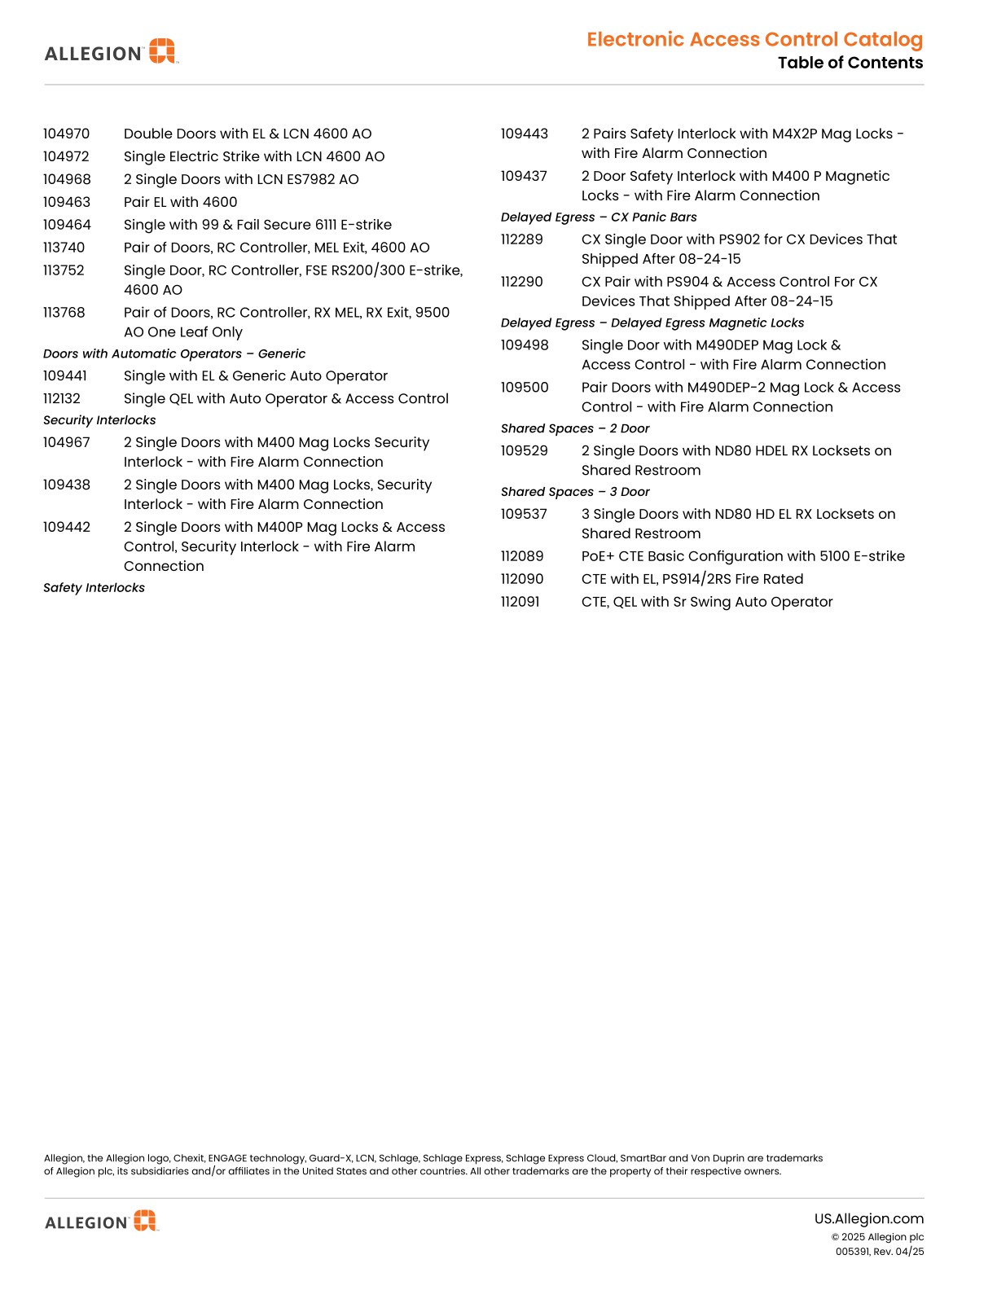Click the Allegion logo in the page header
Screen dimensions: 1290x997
tap(111, 52)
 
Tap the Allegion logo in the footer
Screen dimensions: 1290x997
tap(102, 1221)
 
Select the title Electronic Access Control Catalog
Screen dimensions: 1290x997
tap(754, 39)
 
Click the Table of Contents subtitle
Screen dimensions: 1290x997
tap(850, 63)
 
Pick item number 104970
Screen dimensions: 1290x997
tap(67, 134)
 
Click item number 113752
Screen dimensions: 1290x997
tap(64, 270)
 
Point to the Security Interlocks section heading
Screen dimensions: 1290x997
tap(99, 420)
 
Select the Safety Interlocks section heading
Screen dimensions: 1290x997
tap(94, 588)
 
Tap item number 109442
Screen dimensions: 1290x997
tap(67, 527)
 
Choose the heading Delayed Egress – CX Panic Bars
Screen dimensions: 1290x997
tap(599, 217)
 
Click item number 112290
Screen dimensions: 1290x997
tap(521, 282)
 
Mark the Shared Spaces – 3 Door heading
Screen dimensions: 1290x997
tap(575, 492)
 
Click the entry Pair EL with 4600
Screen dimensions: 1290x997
tap(181, 202)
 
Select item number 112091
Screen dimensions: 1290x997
tap(520, 602)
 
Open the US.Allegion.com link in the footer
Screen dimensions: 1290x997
tap(868, 1219)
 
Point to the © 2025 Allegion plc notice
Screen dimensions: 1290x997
tap(877, 1237)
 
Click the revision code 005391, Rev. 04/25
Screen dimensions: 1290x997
tap(879, 1252)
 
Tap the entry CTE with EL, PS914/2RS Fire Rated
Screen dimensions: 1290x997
tap(692, 579)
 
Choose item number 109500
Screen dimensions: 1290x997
tap(525, 388)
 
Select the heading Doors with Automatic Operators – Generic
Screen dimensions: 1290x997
tap(174, 353)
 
